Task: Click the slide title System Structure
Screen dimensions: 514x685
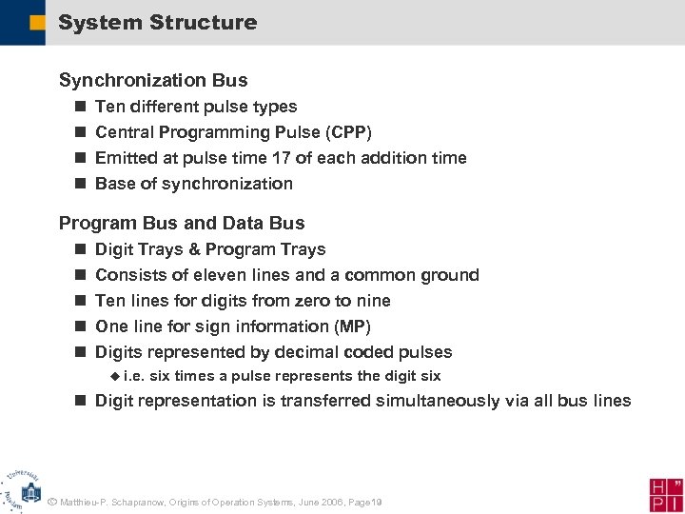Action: coord(157,22)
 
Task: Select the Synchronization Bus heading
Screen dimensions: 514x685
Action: coord(153,80)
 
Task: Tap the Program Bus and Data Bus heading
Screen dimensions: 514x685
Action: coord(182,223)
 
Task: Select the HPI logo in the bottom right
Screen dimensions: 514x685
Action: coord(666,494)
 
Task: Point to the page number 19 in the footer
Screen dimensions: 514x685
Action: coord(376,502)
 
